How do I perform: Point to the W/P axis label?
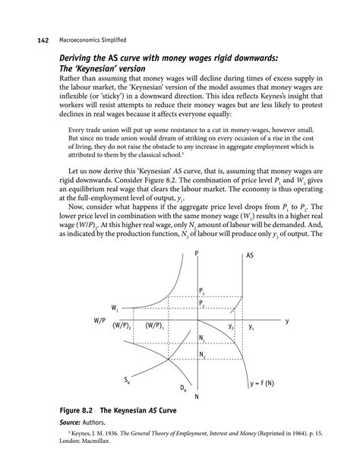(x=99, y=322)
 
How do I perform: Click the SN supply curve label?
(x=128, y=378)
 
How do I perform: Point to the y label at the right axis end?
(x=287, y=321)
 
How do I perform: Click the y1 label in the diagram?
(x=251, y=327)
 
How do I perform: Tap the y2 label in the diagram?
(x=231, y=327)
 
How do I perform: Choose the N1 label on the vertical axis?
(x=201, y=337)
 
